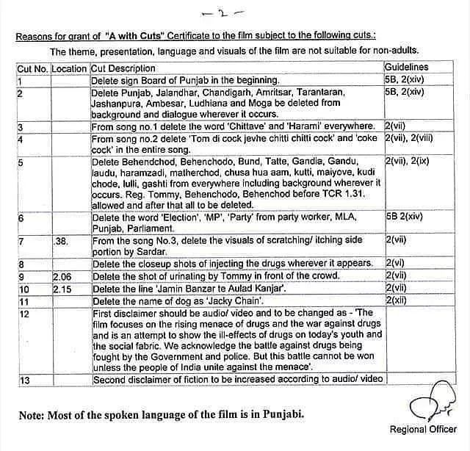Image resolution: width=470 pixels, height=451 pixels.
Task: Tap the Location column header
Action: [69, 69]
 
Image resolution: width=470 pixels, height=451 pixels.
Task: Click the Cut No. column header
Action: [33, 69]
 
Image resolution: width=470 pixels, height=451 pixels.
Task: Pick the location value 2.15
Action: [62, 289]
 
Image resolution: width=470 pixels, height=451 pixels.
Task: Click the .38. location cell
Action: [62, 239]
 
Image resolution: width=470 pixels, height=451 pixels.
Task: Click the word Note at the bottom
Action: [34, 414]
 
